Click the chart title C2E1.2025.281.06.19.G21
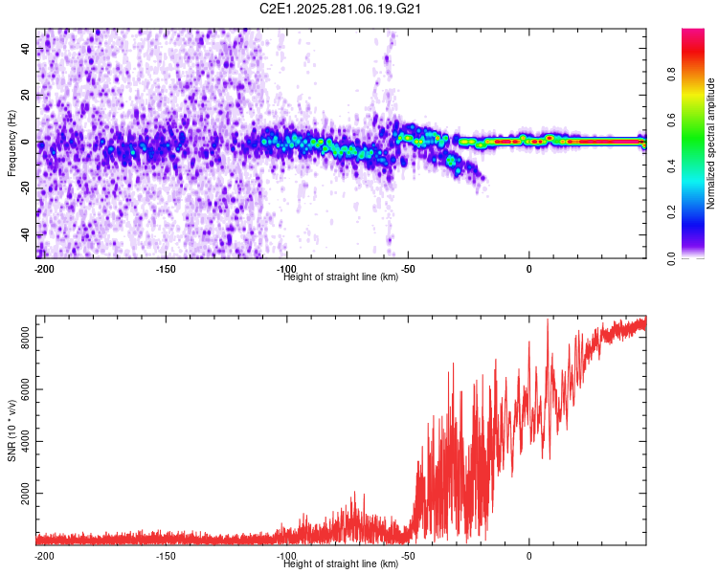tap(341, 9)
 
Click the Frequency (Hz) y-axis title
tap(11, 143)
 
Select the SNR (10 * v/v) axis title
tap(11, 431)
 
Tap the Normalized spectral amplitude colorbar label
tap(711, 143)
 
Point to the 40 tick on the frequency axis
tap(26, 49)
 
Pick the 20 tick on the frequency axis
tap(26, 96)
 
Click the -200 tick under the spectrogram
tap(43, 269)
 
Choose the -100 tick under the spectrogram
tap(286, 269)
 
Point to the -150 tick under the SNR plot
tap(165, 556)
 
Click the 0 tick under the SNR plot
tap(529, 556)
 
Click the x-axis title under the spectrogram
tap(341, 276)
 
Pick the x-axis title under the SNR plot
tap(341, 563)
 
